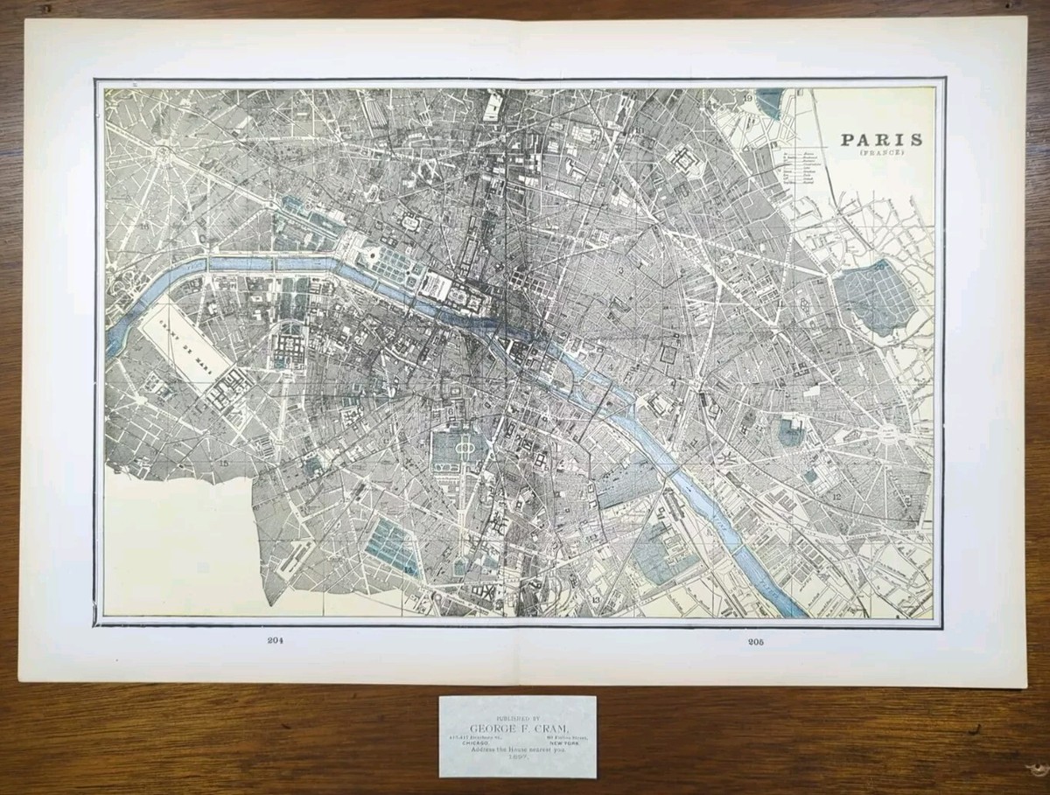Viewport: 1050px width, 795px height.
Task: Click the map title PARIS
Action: point(881,140)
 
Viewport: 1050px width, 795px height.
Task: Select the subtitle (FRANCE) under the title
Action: point(881,154)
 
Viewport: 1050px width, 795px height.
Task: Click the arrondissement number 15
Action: point(224,462)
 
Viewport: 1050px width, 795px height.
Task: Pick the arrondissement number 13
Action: point(595,601)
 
